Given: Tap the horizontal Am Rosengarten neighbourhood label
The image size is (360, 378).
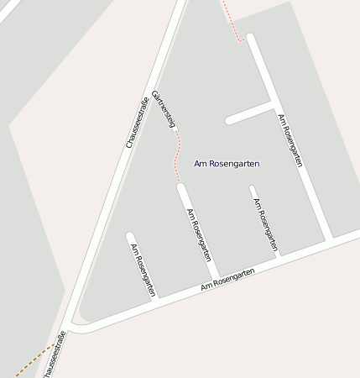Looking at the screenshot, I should (x=227, y=163).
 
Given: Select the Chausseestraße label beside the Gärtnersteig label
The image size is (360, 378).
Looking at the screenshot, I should (x=137, y=123).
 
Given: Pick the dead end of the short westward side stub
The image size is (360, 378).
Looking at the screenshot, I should (x=229, y=121).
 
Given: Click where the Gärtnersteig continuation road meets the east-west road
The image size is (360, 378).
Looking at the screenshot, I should (x=217, y=276).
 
